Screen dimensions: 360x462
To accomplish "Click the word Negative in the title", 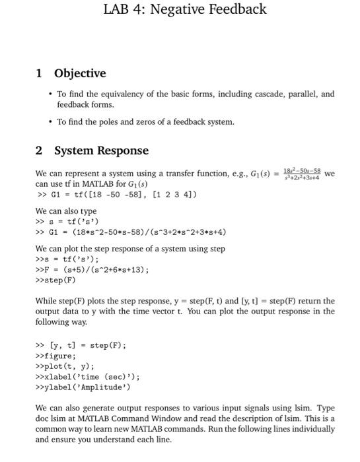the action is click(x=184, y=9).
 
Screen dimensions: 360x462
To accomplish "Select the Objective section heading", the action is click(x=80, y=73).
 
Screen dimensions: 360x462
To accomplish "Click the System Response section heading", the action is click(x=101, y=150).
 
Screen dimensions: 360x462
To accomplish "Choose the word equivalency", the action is click(x=118, y=94).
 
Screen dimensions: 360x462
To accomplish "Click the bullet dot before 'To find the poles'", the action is click(x=50, y=121).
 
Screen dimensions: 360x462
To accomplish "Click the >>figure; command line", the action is click(x=55, y=355).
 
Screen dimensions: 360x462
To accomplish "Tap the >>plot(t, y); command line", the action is click(x=63, y=366).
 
